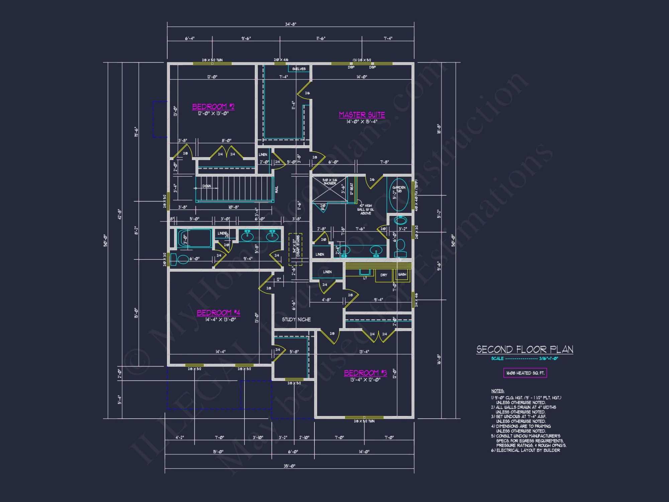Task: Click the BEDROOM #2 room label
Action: (x=213, y=107)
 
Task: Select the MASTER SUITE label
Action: (x=362, y=115)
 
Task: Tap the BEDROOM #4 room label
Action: (x=218, y=313)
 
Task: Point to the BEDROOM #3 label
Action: (x=365, y=373)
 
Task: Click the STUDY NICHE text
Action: (x=296, y=320)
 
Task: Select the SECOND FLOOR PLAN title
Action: (x=524, y=350)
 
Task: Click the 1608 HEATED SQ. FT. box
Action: (x=525, y=373)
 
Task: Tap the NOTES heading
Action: (x=497, y=391)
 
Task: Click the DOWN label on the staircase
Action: (x=206, y=186)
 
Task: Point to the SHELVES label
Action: (x=299, y=69)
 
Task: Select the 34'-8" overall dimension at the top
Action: (x=290, y=24)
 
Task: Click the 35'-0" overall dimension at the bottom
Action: (x=289, y=466)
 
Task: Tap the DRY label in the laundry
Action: (x=384, y=275)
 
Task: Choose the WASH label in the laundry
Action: (x=402, y=274)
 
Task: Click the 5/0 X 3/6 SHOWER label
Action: (x=329, y=182)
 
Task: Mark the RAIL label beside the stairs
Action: (x=277, y=189)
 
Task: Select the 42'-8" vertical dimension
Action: (x=119, y=214)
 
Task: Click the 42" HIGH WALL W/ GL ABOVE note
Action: (x=366, y=210)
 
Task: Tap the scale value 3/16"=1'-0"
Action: (x=548, y=358)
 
